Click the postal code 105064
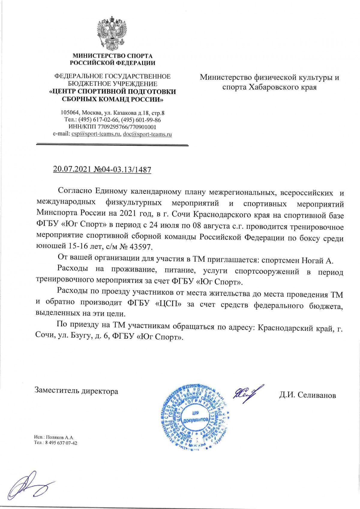69,113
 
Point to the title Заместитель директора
76,391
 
